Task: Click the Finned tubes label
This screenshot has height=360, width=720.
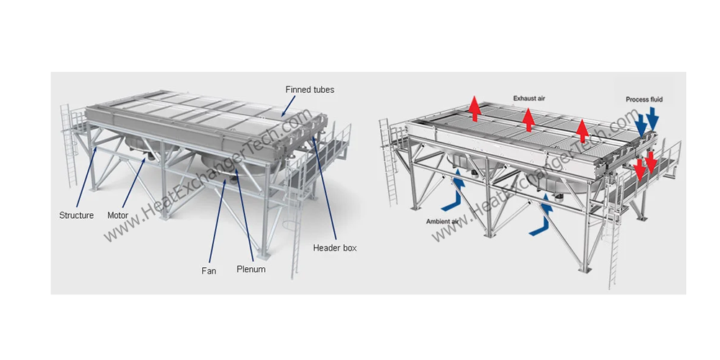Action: [309, 90]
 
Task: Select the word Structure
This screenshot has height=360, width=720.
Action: [76, 215]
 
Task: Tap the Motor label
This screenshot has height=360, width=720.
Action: [118, 215]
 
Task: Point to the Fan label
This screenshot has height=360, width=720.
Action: [209, 271]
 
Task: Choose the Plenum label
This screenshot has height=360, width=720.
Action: [251, 269]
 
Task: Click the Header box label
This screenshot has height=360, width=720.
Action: [335, 248]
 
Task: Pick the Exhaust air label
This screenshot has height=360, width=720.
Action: [528, 97]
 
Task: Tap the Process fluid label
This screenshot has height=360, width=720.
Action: [644, 99]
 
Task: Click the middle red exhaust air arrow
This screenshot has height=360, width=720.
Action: [528, 119]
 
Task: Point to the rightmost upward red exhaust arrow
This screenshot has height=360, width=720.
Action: [582, 129]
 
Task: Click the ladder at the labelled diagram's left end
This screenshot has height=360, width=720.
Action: [68, 144]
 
